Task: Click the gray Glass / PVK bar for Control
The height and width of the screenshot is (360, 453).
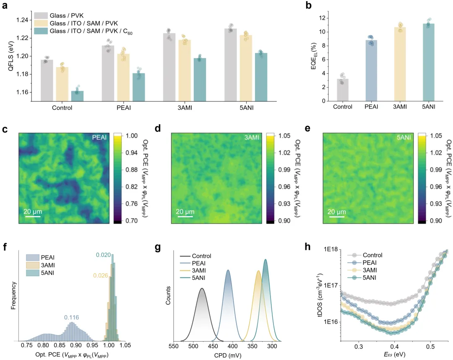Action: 47,80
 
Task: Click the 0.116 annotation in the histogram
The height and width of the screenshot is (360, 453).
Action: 71,317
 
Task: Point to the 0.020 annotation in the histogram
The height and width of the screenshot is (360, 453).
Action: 103,255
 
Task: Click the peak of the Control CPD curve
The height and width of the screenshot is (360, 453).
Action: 202,288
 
